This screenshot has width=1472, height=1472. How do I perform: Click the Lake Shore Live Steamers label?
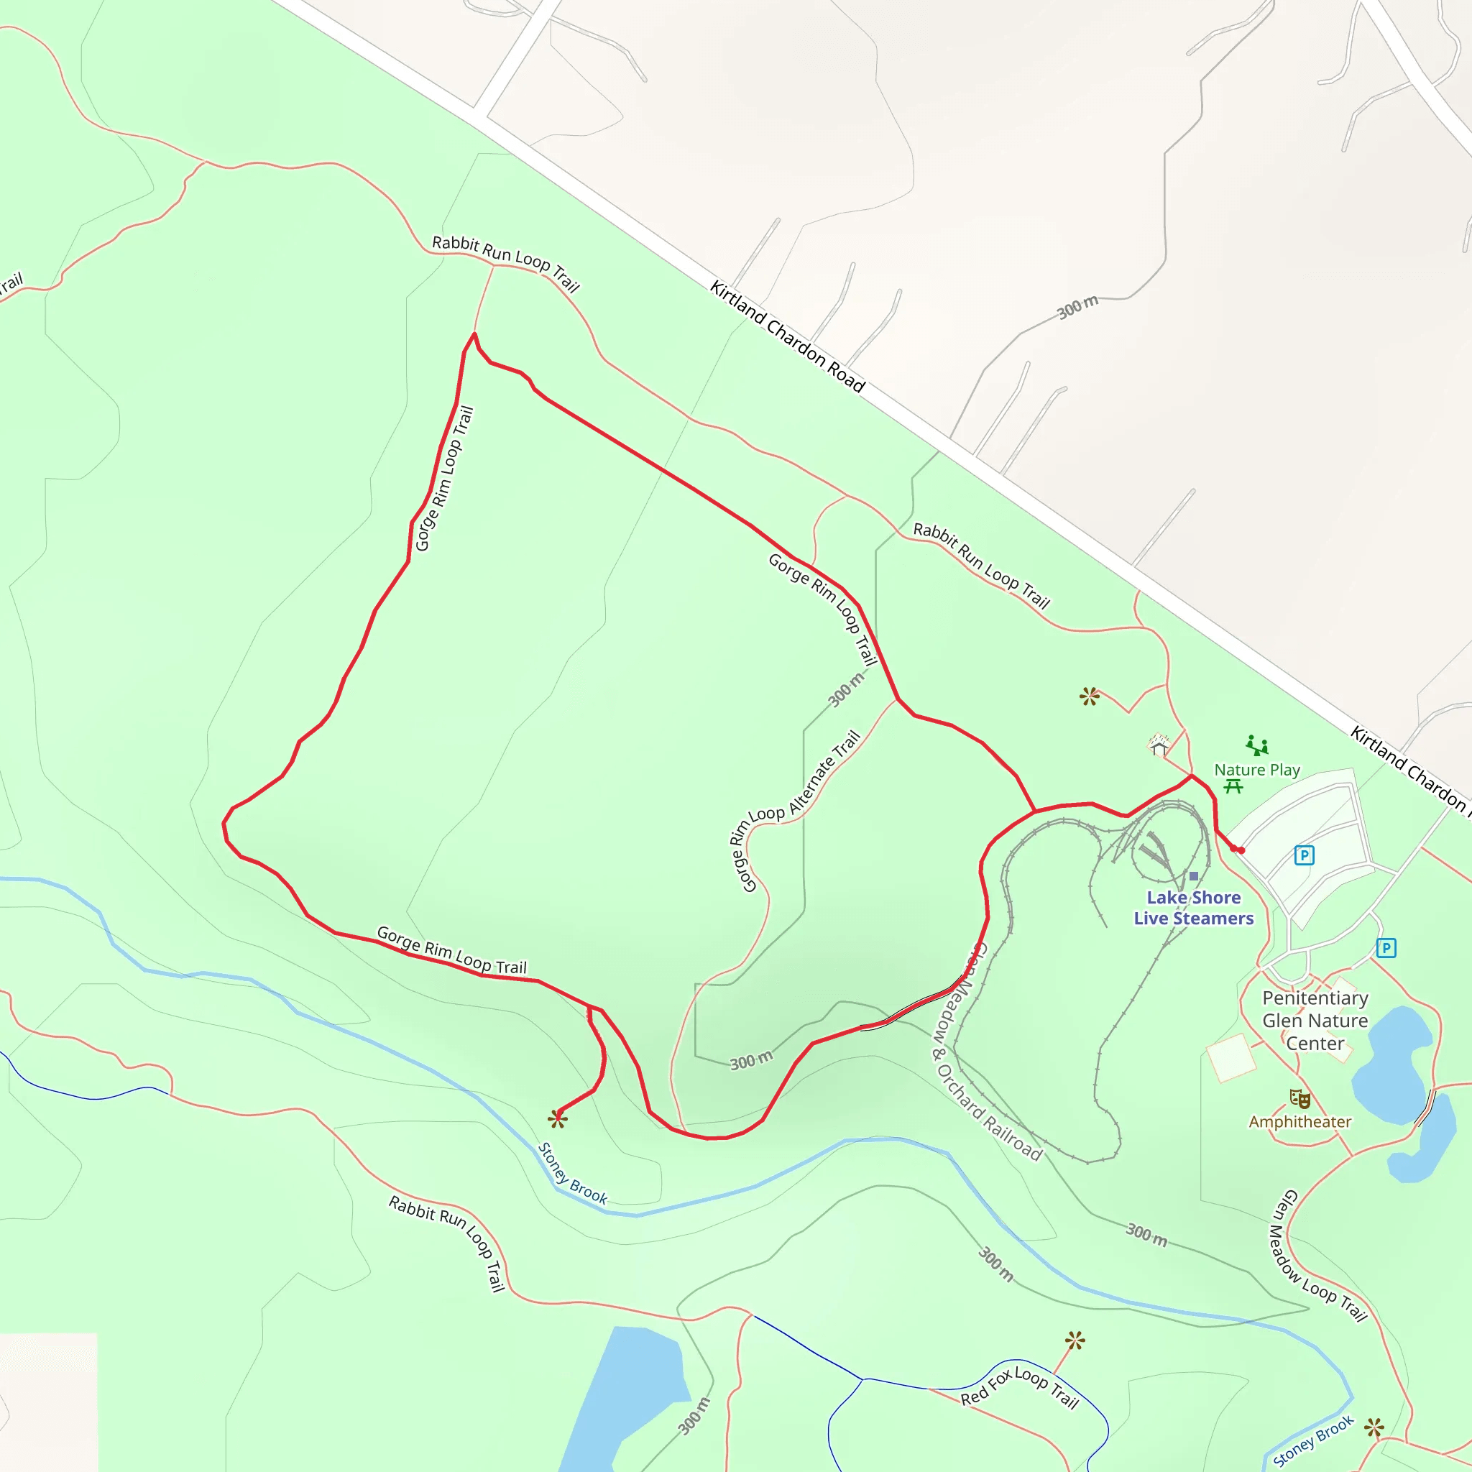tap(1193, 908)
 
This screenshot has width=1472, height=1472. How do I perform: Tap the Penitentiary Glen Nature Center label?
tap(1315, 1021)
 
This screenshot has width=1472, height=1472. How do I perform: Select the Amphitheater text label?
tap(1299, 1122)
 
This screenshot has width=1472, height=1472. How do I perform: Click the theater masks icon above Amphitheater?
tap(1299, 1099)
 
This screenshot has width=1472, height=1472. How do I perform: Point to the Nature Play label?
tap(1257, 770)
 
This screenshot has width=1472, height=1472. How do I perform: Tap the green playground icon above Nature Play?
tap(1257, 745)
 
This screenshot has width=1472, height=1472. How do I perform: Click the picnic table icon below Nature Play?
tap(1233, 786)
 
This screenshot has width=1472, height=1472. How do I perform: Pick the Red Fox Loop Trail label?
tap(1019, 1387)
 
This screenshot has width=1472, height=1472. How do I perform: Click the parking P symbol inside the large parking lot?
tap(1304, 855)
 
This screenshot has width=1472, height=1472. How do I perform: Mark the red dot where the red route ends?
tap(1241, 850)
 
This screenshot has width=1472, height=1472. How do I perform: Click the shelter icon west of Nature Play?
tap(1159, 745)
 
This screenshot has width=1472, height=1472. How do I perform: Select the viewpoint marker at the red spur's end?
tap(558, 1118)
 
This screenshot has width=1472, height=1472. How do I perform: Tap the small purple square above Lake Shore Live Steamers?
tap(1194, 876)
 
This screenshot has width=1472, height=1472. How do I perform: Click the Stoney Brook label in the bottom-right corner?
tap(1312, 1440)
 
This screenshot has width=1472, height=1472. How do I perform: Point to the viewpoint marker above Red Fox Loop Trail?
tap(1075, 1341)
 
